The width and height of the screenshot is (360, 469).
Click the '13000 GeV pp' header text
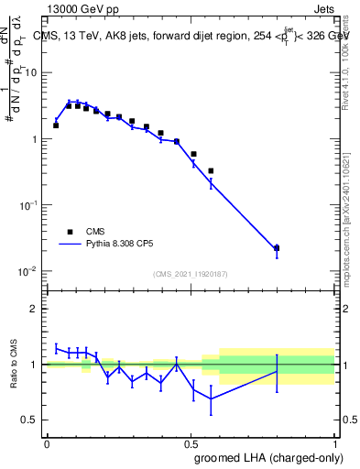pyautogui.click(x=80, y=8)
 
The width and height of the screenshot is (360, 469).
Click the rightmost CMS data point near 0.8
pyautogui.click(x=277, y=247)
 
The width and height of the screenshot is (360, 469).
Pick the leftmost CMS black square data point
pyautogui.click(x=56, y=125)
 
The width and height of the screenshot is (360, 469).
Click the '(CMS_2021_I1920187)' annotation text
pyautogui.click(x=190, y=273)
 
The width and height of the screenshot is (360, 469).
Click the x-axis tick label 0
pyautogui.click(x=47, y=444)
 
